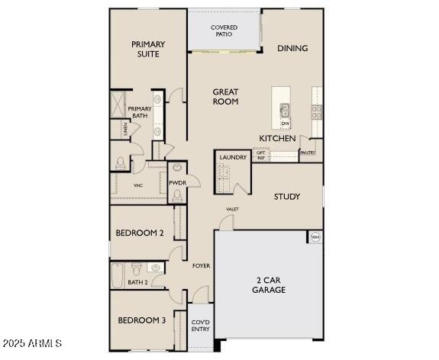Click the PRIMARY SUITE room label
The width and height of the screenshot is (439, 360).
[x=148, y=49]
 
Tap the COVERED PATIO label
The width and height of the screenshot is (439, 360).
[x=224, y=31]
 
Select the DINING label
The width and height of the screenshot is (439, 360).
[x=292, y=48]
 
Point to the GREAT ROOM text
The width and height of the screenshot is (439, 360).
[x=225, y=96]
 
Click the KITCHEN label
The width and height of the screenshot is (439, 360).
[x=277, y=138]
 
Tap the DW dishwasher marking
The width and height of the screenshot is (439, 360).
[x=285, y=124]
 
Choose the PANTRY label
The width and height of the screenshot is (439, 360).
[x=308, y=153]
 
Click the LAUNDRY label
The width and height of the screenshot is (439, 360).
[x=233, y=157]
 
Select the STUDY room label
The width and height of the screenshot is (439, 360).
[x=287, y=197]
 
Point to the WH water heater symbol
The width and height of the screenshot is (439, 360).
[x=315, y=237]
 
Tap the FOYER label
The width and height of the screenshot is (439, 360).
[x=201, y=265]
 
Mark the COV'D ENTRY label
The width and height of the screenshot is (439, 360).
[x=200, y=326]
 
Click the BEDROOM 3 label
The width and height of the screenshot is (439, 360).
[x=141, y=320]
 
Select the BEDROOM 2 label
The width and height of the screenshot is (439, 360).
[x=140, y=233]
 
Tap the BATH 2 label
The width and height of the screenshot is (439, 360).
[x=138, y=282]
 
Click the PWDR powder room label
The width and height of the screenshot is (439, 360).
[x=177, y=183]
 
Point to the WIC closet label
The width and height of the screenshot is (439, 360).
[x=138, y=185]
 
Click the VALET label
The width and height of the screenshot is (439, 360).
[x=232, y=209]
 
